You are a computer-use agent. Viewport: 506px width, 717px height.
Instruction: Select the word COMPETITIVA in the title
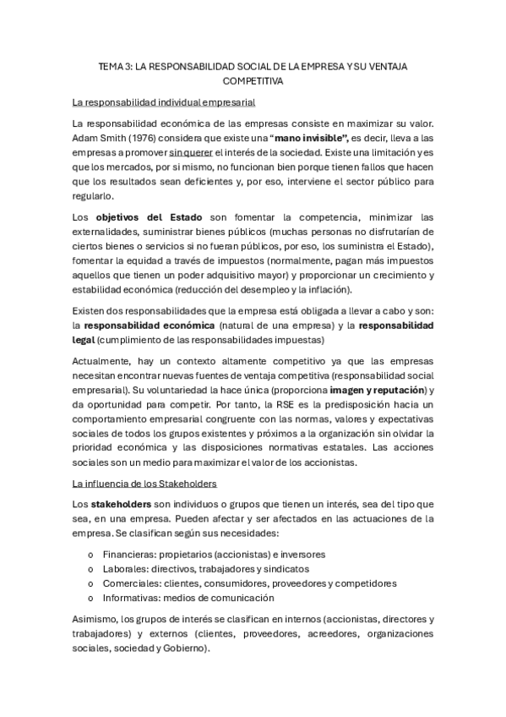[x=253, y=82]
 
